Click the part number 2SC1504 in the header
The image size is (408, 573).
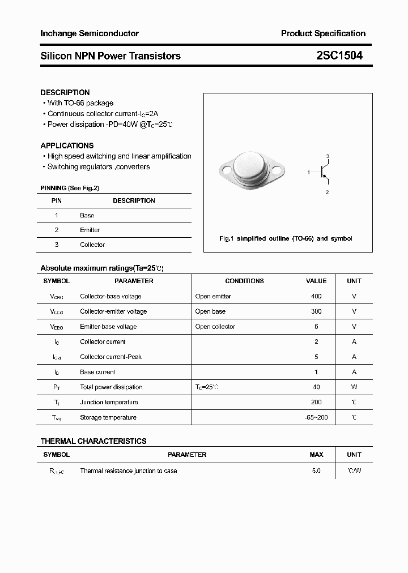(x=339, y=55)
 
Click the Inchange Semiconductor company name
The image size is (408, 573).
(x=89, y=33)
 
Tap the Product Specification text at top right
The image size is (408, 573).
(x=323, y=33)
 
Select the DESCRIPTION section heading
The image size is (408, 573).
(x=65, y=92)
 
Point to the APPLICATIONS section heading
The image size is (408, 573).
(x=67, y=146)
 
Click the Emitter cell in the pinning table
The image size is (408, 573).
(x=90, y=230)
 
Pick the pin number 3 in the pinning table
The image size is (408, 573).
(x=57, y=245)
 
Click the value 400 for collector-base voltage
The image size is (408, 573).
(x=316, y=296)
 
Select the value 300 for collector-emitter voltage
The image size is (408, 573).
(x=316, y=311)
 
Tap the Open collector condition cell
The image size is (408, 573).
(x=215, y=327)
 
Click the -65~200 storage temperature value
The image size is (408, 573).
(x=316, y=417)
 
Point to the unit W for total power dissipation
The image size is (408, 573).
(x=354, y=387)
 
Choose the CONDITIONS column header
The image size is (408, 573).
(x=244, y=281)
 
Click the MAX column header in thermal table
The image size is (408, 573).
(x=316, y=455)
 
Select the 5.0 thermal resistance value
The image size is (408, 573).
(x=316, y=471)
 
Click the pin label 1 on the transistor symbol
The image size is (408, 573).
(x=309, y=171)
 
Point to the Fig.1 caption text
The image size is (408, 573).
(x=286, y=238)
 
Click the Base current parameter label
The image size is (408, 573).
(x=97, y=372)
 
